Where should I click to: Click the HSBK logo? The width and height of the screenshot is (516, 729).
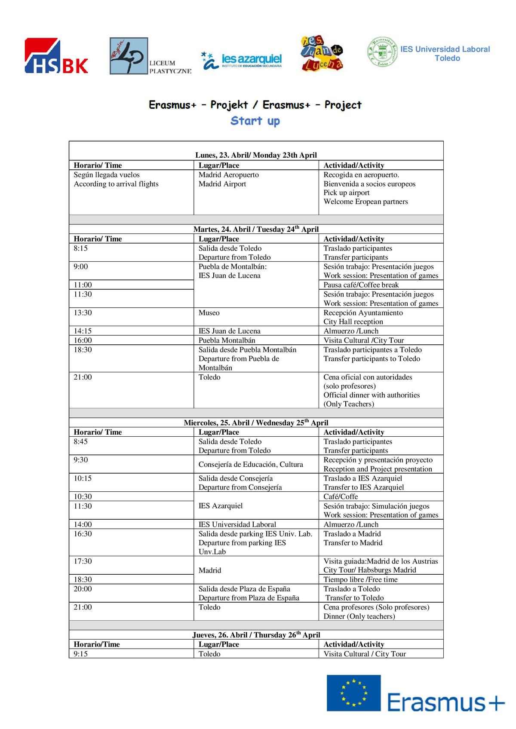[56, 56]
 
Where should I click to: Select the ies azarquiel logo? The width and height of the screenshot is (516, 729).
[242, 60]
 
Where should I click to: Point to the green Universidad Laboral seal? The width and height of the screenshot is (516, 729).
[382, 52]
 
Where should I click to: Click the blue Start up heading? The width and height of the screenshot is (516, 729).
[255, 121]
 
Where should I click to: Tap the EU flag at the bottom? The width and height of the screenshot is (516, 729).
[353, 692]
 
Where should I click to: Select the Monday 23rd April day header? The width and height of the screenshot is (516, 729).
[256, 155]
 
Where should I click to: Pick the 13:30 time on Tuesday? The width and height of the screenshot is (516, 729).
[83, 313]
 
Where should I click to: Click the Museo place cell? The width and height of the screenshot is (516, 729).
[209, 313]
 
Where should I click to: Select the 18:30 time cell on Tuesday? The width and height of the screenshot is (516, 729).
[83, 350]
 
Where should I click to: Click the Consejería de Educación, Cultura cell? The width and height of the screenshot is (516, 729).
[251, 464]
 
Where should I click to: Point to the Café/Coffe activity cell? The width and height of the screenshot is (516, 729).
[341, 496]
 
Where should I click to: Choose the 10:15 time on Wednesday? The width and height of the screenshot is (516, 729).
[83, 478]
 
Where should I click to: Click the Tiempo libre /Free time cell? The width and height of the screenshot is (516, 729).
[360, 579]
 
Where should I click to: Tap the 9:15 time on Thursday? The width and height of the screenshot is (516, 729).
[80, 654]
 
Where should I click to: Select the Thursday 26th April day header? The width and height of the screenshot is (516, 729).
[256, 635]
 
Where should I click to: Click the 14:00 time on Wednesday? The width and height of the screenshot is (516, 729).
[83, 524]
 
